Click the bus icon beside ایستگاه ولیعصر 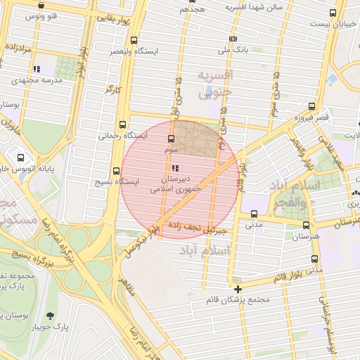tap(135, 41)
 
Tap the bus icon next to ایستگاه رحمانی tap(124, 124)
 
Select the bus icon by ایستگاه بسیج tap(117, 170)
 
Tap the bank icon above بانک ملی tap(233, 39)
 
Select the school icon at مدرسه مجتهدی tap(37, 69)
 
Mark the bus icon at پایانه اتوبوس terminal tap(20, 157)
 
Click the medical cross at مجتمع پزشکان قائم tap(238, 289)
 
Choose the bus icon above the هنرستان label tap(305, 226)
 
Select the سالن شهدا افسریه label tap(254, 7)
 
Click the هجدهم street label tap(192, 9)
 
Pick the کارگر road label tap(109, 89)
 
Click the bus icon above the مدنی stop tap(254, 214)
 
